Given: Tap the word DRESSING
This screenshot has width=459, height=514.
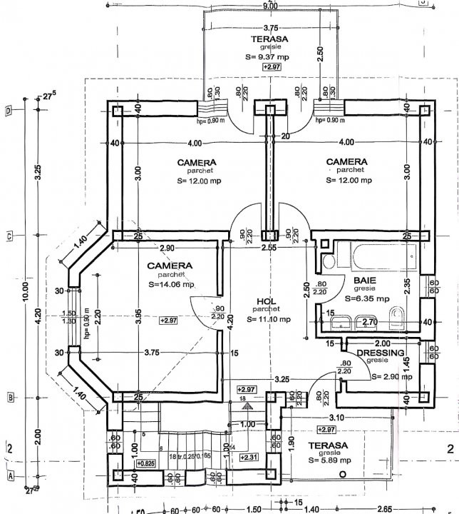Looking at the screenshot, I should pos(381,353).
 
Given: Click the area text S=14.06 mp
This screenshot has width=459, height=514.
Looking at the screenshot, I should pos(171,284).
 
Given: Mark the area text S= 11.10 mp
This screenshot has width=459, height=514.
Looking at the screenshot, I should pos(269,319).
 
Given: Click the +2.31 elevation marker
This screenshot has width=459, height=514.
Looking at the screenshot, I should pos(249,457).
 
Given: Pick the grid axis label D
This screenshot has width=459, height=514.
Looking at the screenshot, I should pos(8,111).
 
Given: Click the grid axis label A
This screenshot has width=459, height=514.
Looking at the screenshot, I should pos(9,475).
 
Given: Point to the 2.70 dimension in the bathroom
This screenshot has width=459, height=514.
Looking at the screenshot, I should pos(369,323).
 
